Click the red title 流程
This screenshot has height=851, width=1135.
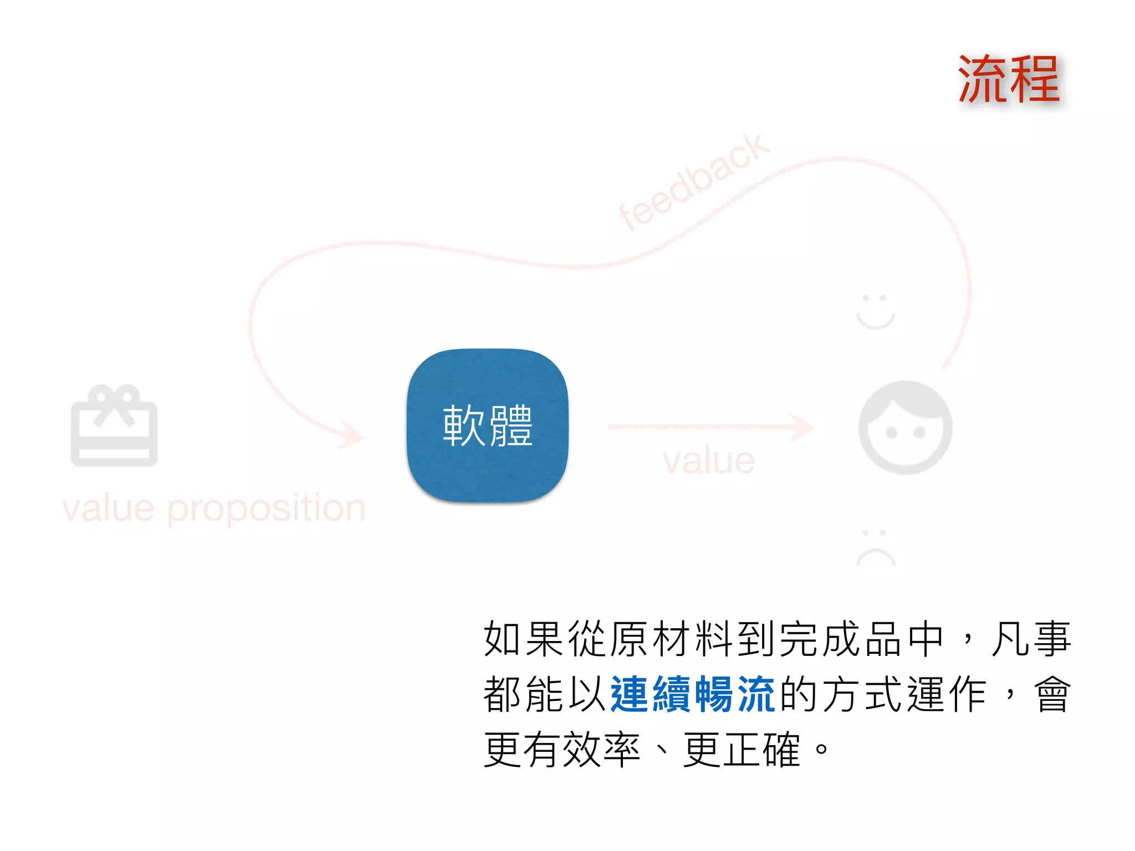pos(1009,80)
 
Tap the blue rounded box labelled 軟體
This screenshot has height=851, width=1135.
pos(488,425)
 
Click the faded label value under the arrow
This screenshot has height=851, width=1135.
pos(709,460)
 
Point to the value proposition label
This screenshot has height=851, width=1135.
pos(214,508)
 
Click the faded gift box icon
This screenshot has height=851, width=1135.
pos(114,425)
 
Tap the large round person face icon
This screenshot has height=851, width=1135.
pos(905,427)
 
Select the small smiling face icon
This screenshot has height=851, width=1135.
pos(876,312)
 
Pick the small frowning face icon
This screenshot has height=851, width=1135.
pos(876,547)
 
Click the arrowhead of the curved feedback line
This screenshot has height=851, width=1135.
pos(352,435)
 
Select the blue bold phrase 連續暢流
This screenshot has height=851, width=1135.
pos(693,694)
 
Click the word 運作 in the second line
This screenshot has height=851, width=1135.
pos(947,694)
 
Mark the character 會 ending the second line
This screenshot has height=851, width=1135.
pos(1052,694)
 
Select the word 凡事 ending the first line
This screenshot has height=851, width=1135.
pos(1031,639)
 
